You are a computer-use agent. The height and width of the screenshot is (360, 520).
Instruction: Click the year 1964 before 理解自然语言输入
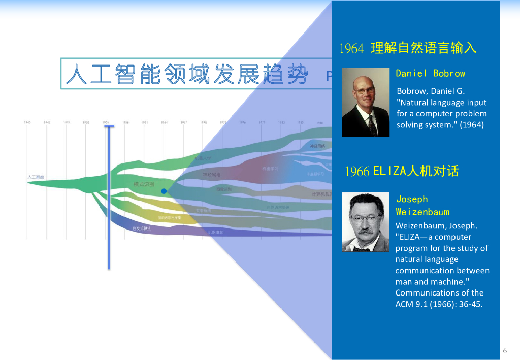tap(351, 49)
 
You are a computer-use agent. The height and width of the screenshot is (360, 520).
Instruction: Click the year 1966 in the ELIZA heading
tap(357, 172)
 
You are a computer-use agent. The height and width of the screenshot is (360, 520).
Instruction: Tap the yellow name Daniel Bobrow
tap(430, 73)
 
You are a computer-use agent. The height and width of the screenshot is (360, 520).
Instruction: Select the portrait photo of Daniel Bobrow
tap(365, 102)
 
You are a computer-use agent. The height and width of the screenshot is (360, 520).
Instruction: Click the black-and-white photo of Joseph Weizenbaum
tap(365, 222)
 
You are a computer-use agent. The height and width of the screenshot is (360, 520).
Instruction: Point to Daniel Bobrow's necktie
tap(372, 124)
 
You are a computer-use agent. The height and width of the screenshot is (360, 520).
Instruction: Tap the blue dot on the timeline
tap(164, 191)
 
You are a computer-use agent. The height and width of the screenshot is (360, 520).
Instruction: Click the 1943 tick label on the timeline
tap(27, 123)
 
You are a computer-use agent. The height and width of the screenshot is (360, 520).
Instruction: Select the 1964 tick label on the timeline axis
tap(164, 123)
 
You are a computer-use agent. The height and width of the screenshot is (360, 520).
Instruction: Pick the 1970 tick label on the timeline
tap(204, 123)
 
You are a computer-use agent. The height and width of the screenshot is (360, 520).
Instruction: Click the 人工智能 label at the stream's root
tap(36, 177)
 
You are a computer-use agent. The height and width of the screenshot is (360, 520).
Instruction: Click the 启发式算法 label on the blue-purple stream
tap(142, 228)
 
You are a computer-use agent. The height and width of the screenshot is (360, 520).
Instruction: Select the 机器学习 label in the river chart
tap(270, 169)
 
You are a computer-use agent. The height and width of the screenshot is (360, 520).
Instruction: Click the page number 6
tap(505, 351)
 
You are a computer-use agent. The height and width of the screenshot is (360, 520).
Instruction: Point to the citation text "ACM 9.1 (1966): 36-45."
tap(439, 304)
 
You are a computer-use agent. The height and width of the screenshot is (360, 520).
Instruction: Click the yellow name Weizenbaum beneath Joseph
tap(422, 212)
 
